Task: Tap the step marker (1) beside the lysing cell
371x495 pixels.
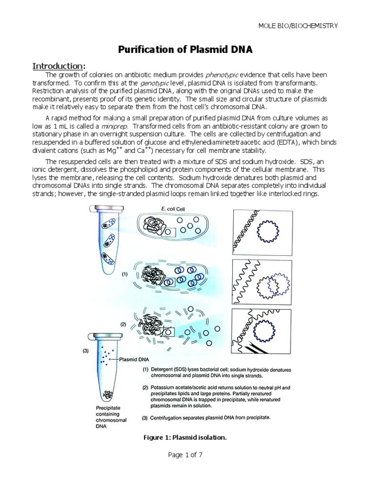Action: pyautogui.click(x=125, y=274)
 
